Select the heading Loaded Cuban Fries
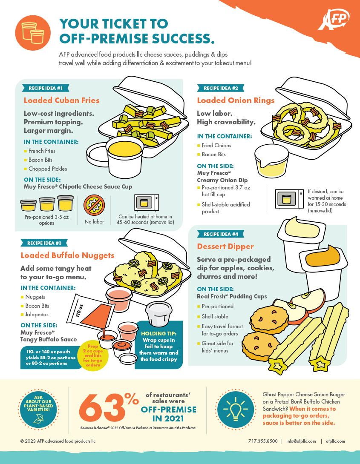pos(61,100)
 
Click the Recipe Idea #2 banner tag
pos(220,88)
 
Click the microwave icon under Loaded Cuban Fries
pos(146,202)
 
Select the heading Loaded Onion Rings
pos(235,100)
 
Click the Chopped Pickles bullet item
pos(47,169)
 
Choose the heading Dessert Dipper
pos(225,246)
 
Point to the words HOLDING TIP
pos(158,333)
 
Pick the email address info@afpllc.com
pos(301,441)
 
